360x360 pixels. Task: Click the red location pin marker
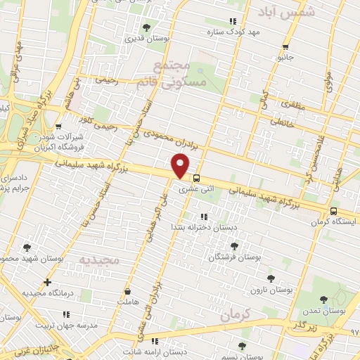click(181, 166)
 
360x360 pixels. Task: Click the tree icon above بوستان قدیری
click(146, 27)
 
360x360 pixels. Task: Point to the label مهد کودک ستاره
click(234, 32)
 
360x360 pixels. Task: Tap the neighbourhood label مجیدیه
click(101, 260)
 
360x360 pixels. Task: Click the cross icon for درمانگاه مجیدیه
click(47, 283)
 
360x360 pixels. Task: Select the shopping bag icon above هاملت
click(127, 290)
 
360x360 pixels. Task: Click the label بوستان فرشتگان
click(234, 257)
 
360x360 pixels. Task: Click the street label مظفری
click(290, 103)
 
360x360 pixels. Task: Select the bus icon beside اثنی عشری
click(197, 178)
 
